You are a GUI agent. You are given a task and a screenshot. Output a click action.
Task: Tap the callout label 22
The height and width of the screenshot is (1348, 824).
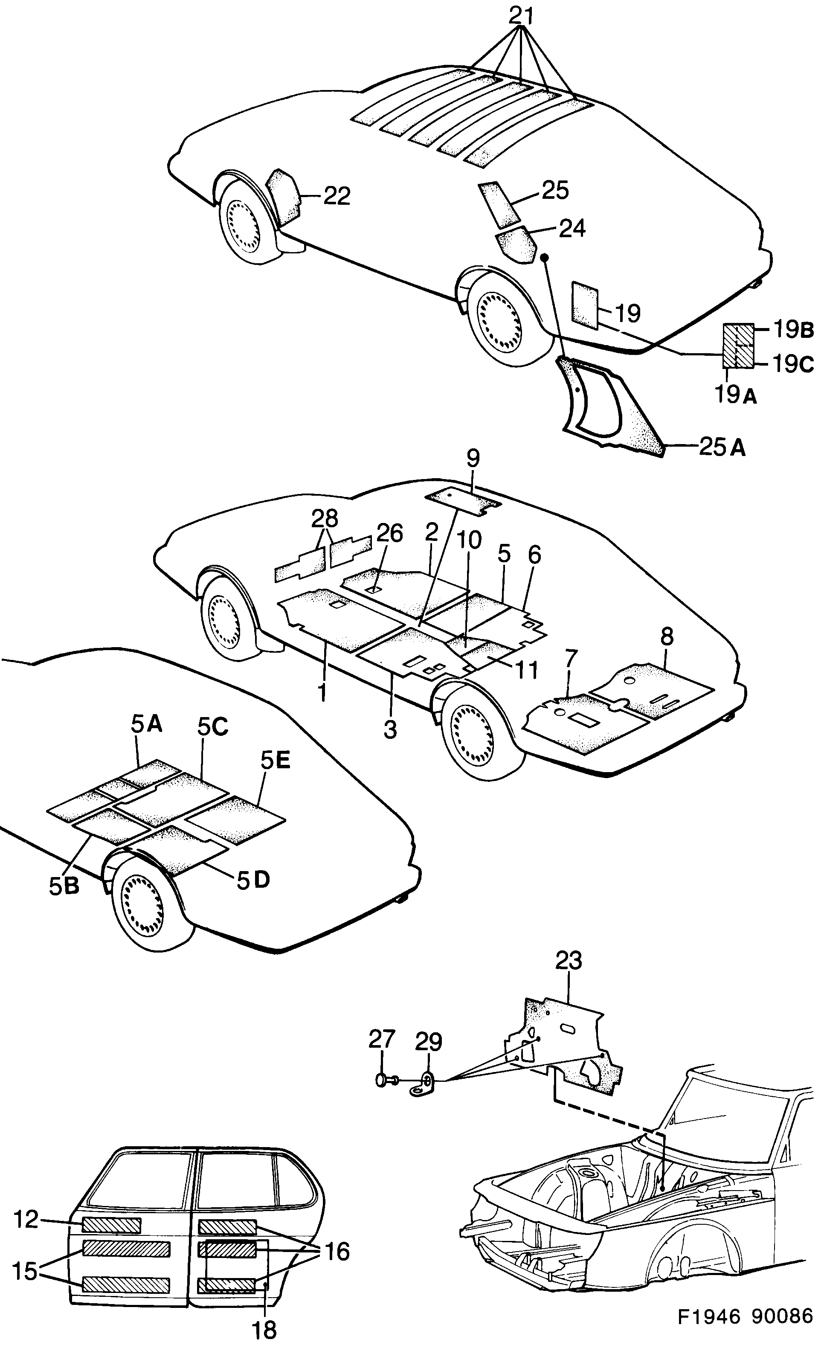[x=337, y=196]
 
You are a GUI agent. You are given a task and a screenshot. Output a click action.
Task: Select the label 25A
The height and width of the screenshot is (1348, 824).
[x=722, y=447]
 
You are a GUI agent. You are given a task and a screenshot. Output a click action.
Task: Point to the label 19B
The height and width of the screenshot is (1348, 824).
[x=793, y=330]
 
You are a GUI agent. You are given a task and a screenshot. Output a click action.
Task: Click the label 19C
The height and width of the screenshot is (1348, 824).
[x=793, y=364]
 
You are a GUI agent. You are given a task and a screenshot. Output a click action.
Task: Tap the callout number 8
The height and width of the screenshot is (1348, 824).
[x=667, y=636]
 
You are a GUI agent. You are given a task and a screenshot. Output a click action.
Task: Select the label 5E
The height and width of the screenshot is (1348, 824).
[x=275, y=760]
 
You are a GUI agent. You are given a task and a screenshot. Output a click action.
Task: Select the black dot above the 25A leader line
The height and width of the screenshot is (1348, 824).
[x=544, y=257]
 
